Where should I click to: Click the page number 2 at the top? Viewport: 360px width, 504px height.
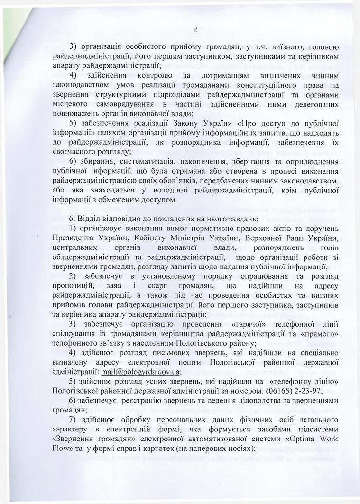[x=195, y=30]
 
